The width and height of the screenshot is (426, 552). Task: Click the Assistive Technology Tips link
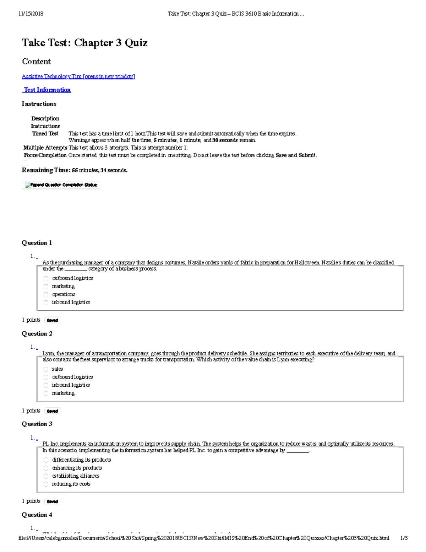78,76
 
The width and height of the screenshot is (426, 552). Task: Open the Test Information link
47,90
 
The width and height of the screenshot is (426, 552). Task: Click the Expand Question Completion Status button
61,185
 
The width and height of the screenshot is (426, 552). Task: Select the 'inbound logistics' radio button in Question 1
46,302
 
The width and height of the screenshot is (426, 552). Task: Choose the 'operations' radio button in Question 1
46,294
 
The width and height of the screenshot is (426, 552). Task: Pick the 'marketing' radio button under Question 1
46,286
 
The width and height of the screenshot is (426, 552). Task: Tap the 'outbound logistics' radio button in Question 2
46,377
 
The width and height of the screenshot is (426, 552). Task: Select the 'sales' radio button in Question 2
46,369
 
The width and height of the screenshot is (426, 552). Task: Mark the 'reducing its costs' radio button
46,484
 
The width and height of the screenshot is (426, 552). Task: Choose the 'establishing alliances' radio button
46,476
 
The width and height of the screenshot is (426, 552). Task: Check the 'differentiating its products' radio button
46,460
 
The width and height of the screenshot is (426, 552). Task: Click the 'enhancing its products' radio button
46,468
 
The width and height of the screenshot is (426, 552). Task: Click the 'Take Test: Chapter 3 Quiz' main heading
84,43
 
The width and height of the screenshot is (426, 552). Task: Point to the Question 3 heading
37,424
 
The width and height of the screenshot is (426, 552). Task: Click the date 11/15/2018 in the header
31,14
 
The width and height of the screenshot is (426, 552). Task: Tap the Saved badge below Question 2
53,411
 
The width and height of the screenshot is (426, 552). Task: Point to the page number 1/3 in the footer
404,538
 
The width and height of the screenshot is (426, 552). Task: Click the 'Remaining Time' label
46,170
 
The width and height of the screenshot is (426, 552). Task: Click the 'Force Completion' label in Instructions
45,155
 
